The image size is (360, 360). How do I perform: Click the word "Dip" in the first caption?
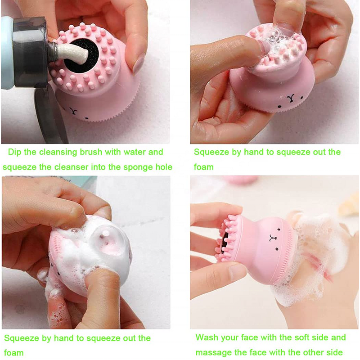coord(15,152)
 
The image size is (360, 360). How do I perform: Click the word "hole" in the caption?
coord(163,167)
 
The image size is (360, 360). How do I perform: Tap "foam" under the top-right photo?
coord(204,167)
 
